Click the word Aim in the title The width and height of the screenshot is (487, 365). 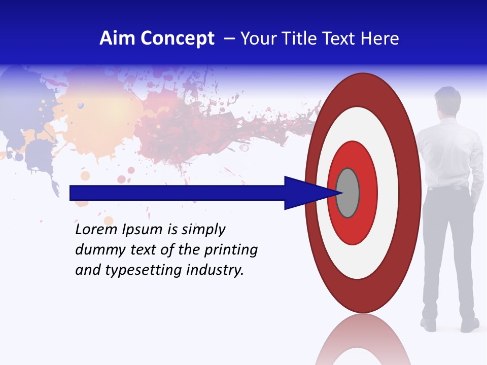[x=118, y=39]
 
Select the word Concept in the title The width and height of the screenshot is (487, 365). [x=177, y=39]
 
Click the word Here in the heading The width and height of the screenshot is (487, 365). [x=379, y=39]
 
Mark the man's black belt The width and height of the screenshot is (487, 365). [x=447, y=188]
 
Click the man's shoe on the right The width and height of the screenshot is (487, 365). [x=469, y=325]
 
